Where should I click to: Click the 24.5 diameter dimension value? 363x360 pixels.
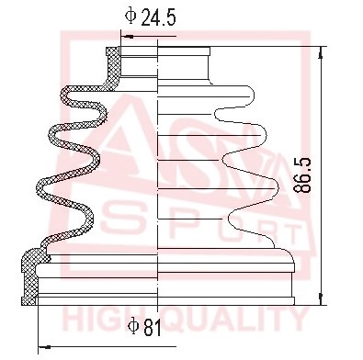click(x=158, y=17)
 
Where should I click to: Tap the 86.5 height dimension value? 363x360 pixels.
click(x=301, y=175)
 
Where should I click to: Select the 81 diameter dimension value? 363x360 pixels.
click(x=153, y=328)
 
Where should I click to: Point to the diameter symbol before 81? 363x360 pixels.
click(x=133, y=326)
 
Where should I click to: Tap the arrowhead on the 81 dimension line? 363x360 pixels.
click(x=44, y=347)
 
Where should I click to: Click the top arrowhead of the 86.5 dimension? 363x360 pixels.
click(x=321, y=52)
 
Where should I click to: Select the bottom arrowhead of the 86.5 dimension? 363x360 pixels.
click(x=321, y=298)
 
